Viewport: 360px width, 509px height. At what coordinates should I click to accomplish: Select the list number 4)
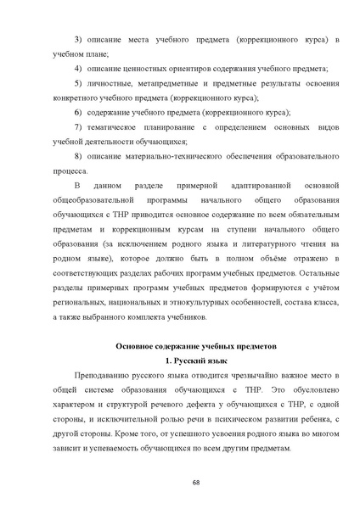coord(78,67)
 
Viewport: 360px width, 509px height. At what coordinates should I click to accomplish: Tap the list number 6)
coord(78,112)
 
